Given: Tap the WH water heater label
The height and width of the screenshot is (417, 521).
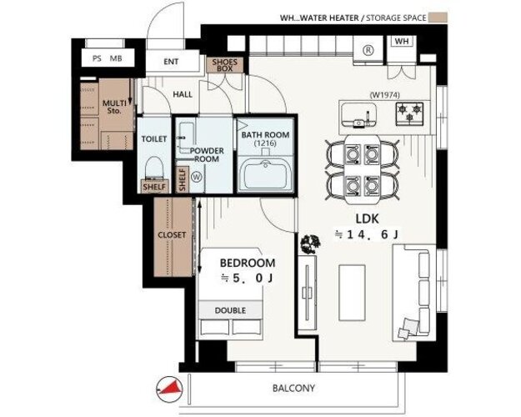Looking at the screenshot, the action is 402,42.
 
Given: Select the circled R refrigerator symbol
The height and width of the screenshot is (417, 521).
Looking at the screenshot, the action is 368,51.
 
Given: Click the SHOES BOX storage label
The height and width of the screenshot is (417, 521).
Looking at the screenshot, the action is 225,65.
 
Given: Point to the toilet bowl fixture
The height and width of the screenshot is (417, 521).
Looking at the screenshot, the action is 154,168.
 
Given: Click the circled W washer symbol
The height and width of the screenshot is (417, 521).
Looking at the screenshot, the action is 197,178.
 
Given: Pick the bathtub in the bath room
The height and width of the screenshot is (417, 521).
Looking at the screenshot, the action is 265,174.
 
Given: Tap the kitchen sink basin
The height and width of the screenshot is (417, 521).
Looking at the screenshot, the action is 359,114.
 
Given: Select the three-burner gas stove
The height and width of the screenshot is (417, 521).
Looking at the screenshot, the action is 409,113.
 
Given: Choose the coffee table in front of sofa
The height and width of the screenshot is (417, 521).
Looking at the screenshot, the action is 352,293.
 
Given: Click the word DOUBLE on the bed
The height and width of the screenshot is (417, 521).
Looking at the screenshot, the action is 230,310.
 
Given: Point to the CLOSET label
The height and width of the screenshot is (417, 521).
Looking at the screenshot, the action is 172,234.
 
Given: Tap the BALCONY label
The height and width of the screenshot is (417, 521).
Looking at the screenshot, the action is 293,388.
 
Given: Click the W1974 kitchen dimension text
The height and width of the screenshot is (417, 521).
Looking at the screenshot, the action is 384,95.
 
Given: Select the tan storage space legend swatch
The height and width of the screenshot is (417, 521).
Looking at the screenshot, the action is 438,18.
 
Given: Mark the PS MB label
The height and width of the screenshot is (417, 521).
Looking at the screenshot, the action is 108,58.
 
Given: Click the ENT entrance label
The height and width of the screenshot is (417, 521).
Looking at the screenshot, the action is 171,62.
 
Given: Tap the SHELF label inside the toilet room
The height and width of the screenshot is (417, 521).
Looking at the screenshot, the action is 154,187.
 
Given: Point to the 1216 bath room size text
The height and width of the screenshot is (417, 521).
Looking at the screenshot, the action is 265,143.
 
